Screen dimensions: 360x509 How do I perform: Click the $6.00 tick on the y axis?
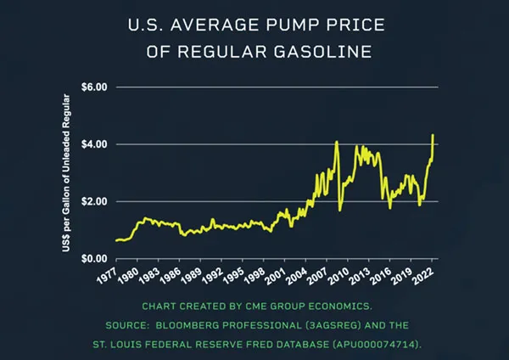click(x=94, y=87)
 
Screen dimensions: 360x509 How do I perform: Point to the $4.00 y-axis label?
click(x=94, y=144)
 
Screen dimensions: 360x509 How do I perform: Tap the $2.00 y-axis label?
click(x=94, y=201)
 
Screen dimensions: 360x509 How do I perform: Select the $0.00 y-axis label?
click(x=94, y=258)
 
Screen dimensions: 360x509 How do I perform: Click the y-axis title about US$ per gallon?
click(x=65, y=173)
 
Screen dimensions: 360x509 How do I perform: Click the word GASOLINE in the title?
click(x=327, y=53)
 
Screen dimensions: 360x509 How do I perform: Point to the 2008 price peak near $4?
click(x=337, y=142)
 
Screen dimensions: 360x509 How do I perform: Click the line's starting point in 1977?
click(x=115, y=240)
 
